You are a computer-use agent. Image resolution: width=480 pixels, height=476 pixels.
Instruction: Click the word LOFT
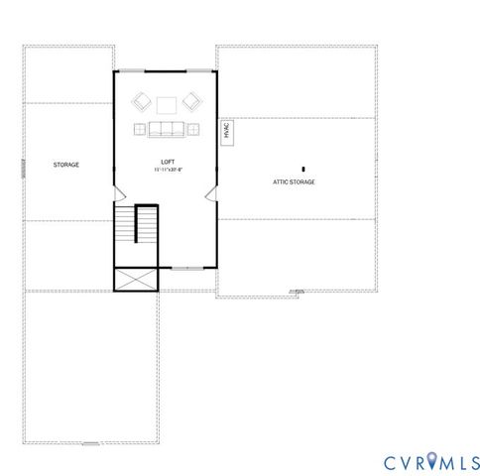pos(167,161)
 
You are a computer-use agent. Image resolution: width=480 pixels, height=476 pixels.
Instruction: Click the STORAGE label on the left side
pos(66,165)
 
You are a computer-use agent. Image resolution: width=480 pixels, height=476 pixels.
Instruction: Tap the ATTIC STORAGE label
pos(294,182)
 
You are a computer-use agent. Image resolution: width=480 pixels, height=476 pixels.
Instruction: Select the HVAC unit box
pos(226,131)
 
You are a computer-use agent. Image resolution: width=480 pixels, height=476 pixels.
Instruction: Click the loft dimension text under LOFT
pos(167,170)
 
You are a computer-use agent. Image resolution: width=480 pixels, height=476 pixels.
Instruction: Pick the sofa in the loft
pos(167,127)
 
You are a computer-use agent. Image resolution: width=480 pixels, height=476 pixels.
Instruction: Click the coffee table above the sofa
pos(167,104)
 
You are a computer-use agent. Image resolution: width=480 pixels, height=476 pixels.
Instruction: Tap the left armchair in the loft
pos(141,101)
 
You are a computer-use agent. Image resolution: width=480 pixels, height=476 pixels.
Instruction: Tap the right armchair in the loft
pos(192,101)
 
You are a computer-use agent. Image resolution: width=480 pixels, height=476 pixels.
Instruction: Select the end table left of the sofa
pos(139,127)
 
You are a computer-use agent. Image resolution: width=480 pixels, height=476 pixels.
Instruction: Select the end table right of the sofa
pos(194,127)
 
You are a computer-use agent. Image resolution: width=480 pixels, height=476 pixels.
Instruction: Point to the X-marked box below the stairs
pos(136,280)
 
